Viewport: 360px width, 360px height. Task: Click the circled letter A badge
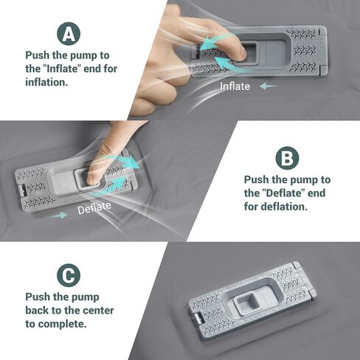point(68,33)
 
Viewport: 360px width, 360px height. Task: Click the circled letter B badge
point(286,158)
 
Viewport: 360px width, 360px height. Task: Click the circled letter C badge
point(68,275)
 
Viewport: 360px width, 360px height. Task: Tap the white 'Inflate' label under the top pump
point(235,86)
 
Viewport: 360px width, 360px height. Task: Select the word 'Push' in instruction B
point(257,180)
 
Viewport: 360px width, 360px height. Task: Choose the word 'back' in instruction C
point(38,311)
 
